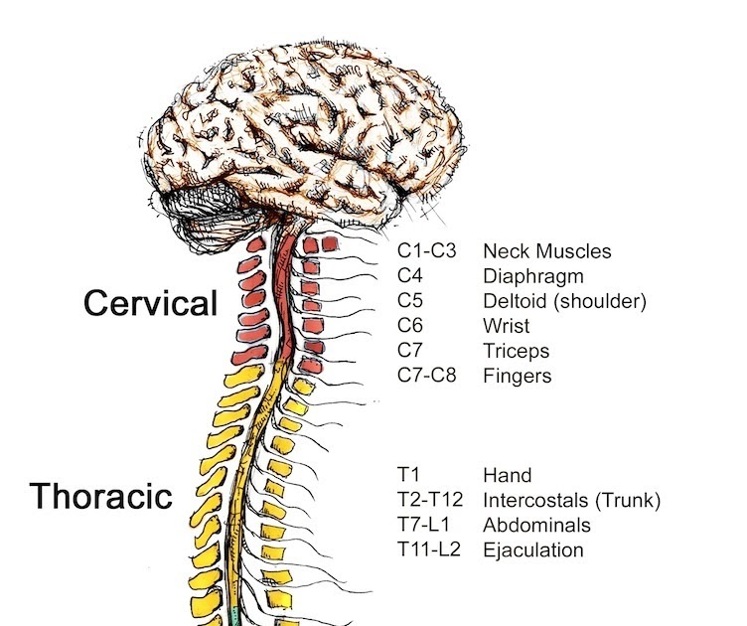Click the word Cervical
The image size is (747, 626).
coord(150,302)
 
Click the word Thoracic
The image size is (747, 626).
coord(100,495)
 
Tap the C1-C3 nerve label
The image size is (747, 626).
coord(426,251)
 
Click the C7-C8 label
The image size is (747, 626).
coord(425,377)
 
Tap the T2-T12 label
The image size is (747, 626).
coord(429,500)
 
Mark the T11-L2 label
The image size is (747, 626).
coord(428,549)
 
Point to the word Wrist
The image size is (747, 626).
coord(505,326)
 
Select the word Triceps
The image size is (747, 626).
coord(516,352)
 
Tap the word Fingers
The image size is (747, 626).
coord(517,377)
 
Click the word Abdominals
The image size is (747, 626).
coord(536,525)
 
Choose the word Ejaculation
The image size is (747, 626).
coord(532,549)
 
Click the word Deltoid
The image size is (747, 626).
coord(513,301)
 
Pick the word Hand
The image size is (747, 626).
coord(507,475)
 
